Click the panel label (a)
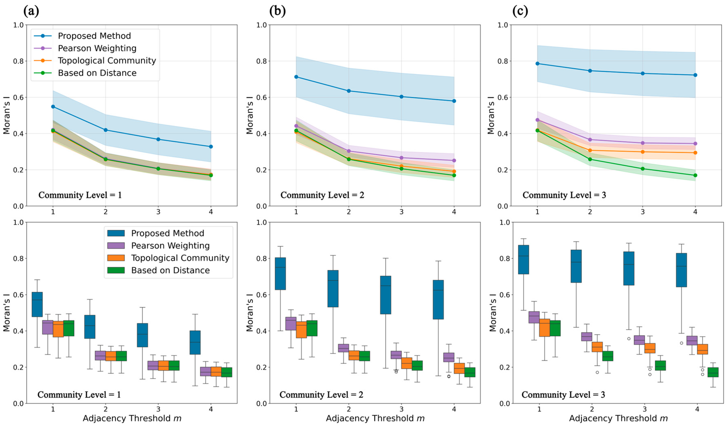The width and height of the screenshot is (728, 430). (31, 11)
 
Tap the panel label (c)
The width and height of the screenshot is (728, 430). (520, 11)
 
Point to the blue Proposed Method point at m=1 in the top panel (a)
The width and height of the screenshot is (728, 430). (53, 107)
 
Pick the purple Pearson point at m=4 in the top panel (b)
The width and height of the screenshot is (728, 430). (454, 160)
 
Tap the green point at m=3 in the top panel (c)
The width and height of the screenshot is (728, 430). (643, 169)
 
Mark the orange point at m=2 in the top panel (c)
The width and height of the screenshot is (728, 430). (590, 150)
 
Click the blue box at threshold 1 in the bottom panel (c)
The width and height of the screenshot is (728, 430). (523, 259)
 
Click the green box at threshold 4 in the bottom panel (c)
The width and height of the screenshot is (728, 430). (713, 372)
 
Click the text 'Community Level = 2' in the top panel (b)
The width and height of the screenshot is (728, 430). (322, 195)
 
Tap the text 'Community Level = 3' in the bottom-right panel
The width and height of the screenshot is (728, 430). (563, 395)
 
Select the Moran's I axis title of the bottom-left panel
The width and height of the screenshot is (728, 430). (6, 313)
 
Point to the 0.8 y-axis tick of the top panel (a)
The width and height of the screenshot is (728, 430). (18, 61)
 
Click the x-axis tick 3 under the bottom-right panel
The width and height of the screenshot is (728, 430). (645, 409)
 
